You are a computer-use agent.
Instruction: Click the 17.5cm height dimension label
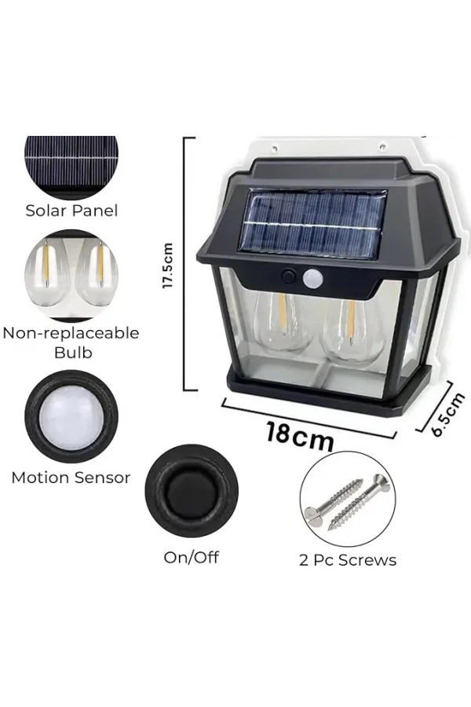tap(168, 265)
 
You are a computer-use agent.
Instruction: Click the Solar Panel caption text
tap(71, 211)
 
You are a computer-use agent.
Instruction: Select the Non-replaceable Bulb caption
tap(71, 343)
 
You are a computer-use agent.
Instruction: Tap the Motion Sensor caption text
tap(71, 478)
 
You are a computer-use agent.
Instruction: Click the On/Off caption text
tap(191, 558)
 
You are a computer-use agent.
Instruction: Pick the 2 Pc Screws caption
tap(347, 560)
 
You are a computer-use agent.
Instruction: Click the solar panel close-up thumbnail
tap(71, 162)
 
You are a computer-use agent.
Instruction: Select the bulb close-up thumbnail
tap(71, 275)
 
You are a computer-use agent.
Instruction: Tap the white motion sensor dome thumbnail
tap(71, 416)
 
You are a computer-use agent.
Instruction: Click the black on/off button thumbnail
tap(191, 492)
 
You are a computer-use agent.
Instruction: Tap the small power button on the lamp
tap(289, 277)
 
